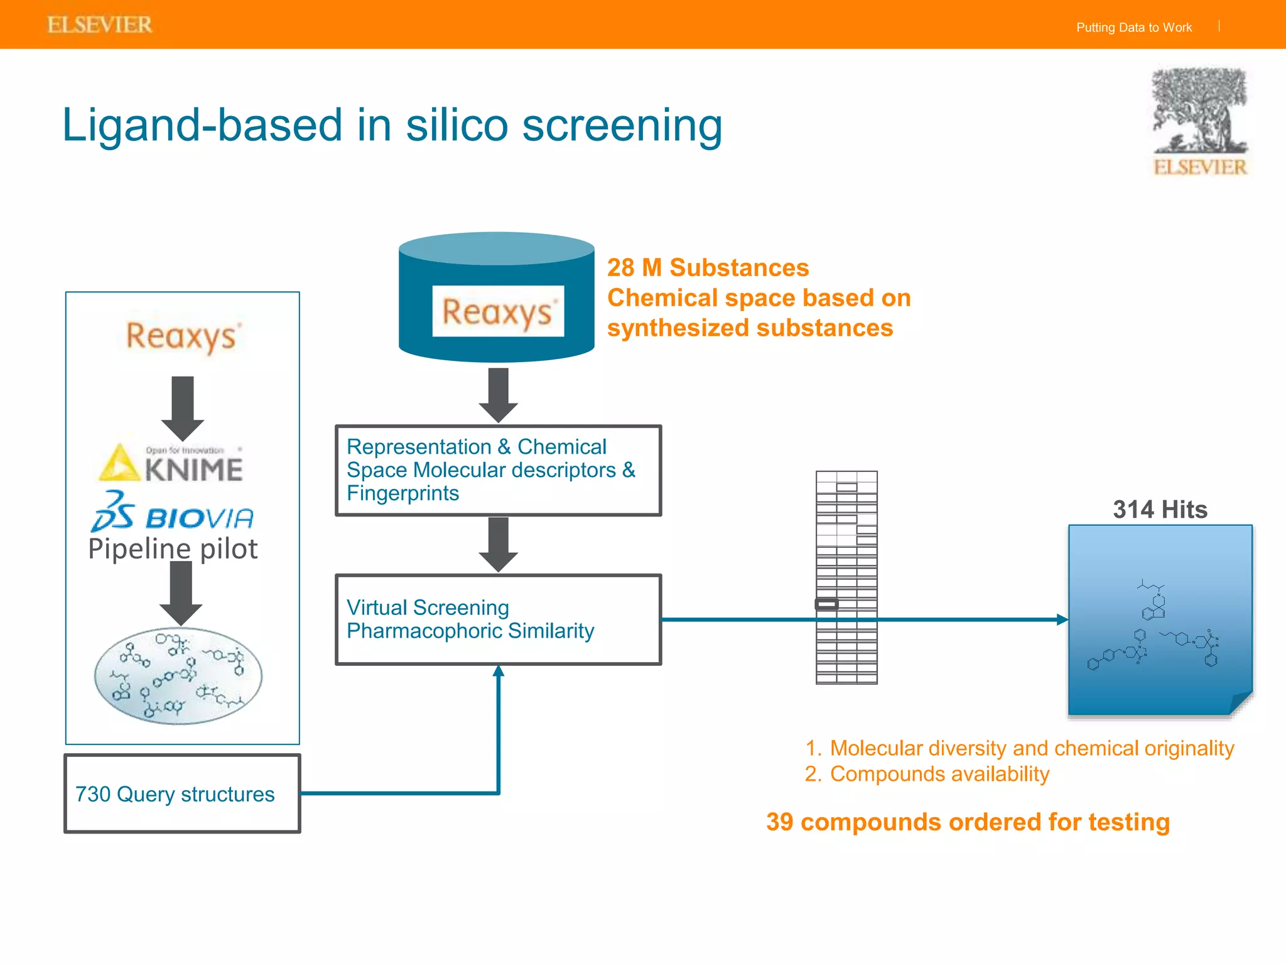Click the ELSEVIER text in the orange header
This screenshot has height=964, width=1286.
[100, 25]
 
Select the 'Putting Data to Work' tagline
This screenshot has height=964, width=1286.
[1133, 28]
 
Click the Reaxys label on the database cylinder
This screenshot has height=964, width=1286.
[497, 311]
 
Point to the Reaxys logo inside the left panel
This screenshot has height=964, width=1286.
[182, 336]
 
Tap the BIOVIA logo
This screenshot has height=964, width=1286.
[173, 513]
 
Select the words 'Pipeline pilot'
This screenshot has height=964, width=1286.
[173, 549]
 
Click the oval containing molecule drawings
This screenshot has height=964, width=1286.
[178, 676]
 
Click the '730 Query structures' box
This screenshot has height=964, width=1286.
[182, 794]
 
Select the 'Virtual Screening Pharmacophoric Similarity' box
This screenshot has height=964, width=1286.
[498, 619]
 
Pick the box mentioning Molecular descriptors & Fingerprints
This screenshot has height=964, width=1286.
[498, 470]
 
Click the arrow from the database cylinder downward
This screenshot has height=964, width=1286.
[498, 394]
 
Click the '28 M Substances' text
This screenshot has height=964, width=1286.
[708, 268]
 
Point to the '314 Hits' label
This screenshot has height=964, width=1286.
[1160, 509]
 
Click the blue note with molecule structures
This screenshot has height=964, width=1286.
[1160, 620]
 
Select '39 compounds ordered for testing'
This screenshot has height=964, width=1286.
[968, 822]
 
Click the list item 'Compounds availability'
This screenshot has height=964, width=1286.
[939, 774]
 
